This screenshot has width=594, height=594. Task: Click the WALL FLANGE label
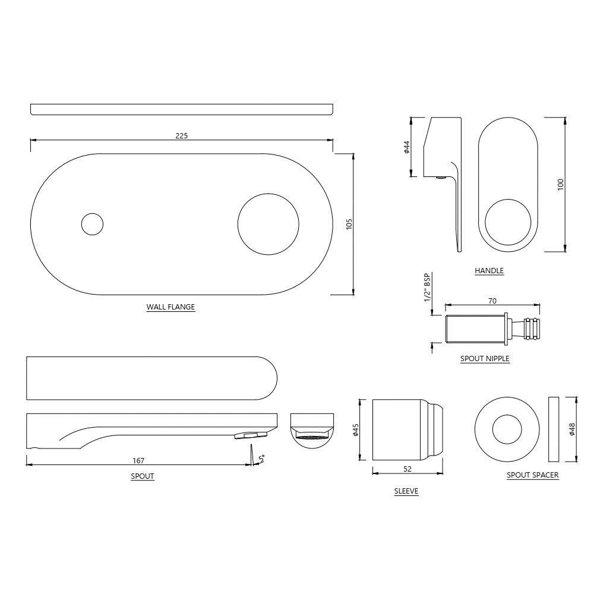170,308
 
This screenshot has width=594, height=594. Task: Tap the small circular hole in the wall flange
91,224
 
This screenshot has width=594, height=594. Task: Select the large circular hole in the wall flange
268,224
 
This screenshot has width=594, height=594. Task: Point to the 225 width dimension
181,135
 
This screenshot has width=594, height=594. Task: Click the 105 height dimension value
349,224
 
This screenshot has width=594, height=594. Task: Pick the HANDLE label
489,271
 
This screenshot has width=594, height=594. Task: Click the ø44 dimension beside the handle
406,147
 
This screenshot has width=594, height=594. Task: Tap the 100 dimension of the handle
560,184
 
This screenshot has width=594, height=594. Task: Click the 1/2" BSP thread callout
427,289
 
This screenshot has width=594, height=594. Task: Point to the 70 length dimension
492,301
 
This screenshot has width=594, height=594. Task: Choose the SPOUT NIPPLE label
485,359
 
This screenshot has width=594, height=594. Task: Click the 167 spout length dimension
139,460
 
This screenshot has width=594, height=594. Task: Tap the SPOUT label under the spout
143,476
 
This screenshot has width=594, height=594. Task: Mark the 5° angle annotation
261,458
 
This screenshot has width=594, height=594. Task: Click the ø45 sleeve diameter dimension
355,430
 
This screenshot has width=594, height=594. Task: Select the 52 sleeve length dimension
407,469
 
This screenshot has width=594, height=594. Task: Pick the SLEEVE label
406,491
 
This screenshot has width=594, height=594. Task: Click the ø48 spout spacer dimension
571,428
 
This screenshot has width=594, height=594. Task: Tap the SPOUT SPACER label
532,475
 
